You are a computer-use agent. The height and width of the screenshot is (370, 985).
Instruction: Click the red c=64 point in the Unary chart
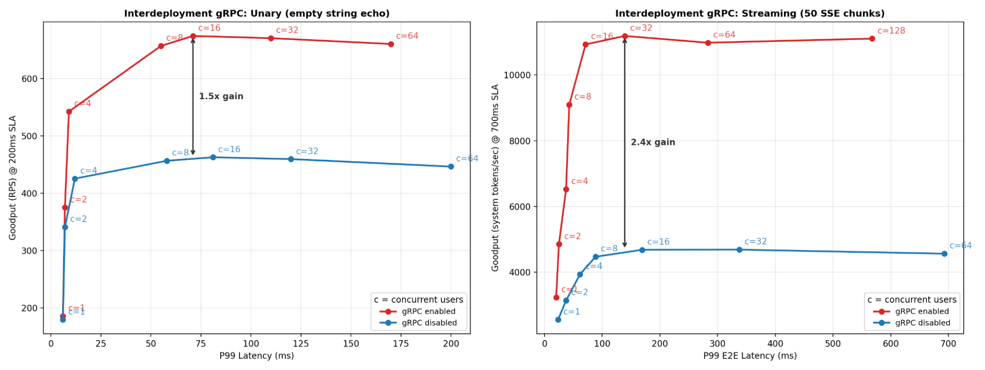[x=391, y=44]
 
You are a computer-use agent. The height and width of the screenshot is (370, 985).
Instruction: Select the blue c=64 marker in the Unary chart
[x=451, y=167]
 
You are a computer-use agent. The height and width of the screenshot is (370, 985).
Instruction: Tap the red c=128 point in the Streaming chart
[x=872, y=38]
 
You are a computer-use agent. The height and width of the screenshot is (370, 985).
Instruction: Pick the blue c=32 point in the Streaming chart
[x=739, y=250]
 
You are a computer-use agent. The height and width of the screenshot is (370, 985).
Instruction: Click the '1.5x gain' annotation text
[x=221, y=96]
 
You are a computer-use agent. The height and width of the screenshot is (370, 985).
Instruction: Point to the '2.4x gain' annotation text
[x=653, y=142]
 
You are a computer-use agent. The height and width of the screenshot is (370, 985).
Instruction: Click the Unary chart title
[x=257, y=13]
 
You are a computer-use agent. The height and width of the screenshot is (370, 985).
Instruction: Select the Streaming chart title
[x=749, y=13]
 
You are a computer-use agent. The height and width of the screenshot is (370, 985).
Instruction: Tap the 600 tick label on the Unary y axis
[x=30, y=79]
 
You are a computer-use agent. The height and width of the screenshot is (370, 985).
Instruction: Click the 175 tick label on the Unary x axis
[x=401, y=344]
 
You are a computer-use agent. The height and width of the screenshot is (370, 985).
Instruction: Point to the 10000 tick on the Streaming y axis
[x=517, y=75]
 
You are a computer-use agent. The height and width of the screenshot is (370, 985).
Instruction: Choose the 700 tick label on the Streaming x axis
[x=948, y=344]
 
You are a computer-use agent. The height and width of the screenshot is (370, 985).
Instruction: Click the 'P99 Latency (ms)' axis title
[x=257, y=356]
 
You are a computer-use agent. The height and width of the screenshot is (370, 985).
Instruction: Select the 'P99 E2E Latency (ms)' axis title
[x=749, y=356]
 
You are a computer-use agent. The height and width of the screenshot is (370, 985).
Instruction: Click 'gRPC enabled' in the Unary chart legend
[x=429, y=311]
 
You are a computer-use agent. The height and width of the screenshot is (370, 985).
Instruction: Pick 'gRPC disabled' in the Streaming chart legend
[x=922, y=323]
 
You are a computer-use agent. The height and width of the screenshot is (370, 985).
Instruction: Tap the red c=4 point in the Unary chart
[x=69, y=112]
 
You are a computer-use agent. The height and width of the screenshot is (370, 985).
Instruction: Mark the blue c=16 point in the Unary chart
[x=213, y=157]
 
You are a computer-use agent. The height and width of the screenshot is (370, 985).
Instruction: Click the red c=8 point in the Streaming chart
[x=569, y=105]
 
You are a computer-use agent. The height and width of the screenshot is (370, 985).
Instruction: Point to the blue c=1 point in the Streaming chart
[x=558, y=320]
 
